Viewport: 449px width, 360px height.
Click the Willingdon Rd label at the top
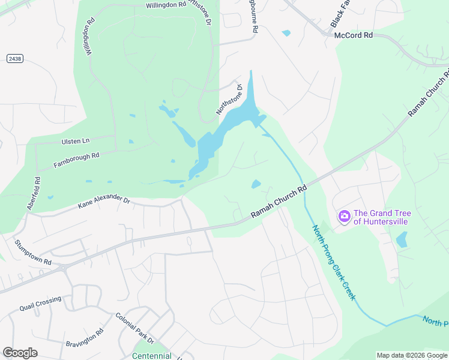pyautogui.click(x=166, y=5)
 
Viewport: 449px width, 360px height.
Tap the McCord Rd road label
pyautogui.click(x=354, y=35)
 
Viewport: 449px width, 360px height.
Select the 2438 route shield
pyautogui.click(x=15, y=58)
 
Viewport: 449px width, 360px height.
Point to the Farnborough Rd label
pyautogui.click(x=76, y=160)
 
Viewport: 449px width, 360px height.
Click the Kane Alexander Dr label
pyautogui.click(x=103, y=202)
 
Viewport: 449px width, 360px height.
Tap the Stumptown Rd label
pyautogui.click(x=33, y=252)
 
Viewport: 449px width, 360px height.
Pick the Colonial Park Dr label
pyautogui.click(x=135, y=329)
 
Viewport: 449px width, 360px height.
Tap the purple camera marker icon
pyautogui.click(x=345, y=216)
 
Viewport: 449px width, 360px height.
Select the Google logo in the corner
pyautogui.click(x=20, y=353)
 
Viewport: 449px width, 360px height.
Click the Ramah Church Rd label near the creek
pyautogui.click(x=279, y=202)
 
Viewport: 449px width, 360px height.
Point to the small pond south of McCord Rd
pyautogui.click(x=286, y=33)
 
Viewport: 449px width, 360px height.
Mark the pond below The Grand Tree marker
pyautogui.click(x=402, y=240)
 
